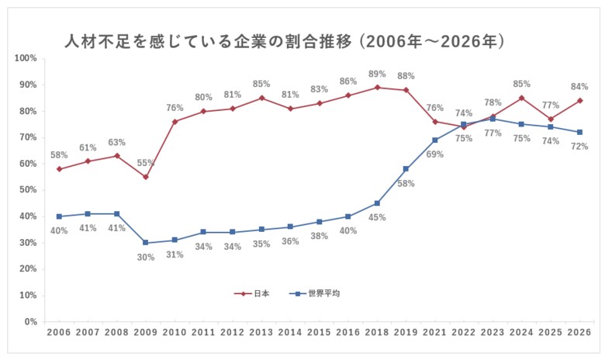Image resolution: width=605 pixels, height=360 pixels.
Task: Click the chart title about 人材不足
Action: pyautogui.click(x=284, y=40)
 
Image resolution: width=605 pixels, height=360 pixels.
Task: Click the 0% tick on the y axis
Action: pyautogui.click(x=31, y=322)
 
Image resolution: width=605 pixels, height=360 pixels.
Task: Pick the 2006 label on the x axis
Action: pyautogui.click(x=59, y=332)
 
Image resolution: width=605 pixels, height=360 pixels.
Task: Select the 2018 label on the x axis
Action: pyautogui.click(x=377, y=332)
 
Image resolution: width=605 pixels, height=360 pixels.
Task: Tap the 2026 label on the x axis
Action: pyautogui.click(x=579, y=332)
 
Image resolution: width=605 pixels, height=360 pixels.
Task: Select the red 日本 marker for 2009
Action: pyautogui.click(x=145, y=177)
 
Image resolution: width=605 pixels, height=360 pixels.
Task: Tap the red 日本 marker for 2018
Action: pyautogui.click(x=377, y=87)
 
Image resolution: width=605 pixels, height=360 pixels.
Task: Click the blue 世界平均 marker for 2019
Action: pyautogui.click(x=406, y=169)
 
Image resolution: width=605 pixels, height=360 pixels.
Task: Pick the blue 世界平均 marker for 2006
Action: pyautogui.click(x=59, y=216)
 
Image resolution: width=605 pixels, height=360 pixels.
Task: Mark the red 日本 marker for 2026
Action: pyautogui.click(x=579, y=100)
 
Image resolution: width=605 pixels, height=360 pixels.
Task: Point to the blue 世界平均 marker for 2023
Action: pyautogui.click(x=493, y=119)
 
